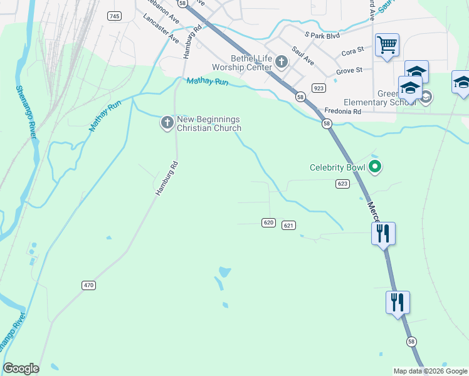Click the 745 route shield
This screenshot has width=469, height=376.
click(x=113, y=16)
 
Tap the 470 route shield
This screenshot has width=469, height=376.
click(x=88, y=285)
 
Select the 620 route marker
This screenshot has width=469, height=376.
click(x=268, y=222)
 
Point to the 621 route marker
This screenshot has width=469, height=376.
click(x=288, y=226)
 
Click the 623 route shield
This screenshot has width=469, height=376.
click(x=342, y=184)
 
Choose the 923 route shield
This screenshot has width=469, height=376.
click(x=319, y=88)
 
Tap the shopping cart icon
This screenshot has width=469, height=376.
click(x=387, y=44)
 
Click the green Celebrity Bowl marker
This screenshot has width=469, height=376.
click(x=375, y=167)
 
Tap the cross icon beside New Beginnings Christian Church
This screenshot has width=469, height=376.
click(x=167, y=123)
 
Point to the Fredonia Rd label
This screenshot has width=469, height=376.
click(x=343, y=111)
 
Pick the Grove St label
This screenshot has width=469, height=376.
click(x=349, y=71)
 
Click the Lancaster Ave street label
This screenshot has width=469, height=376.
click(x=161, y=28)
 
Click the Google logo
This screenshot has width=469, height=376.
click(x=21, y=368)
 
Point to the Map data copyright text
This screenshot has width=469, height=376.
click(x=429, y=371)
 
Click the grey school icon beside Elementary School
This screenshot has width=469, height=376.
click(x=426, y=97)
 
